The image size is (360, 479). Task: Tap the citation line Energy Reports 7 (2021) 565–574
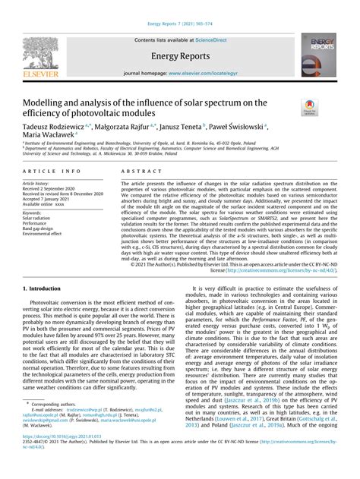(179, 6)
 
